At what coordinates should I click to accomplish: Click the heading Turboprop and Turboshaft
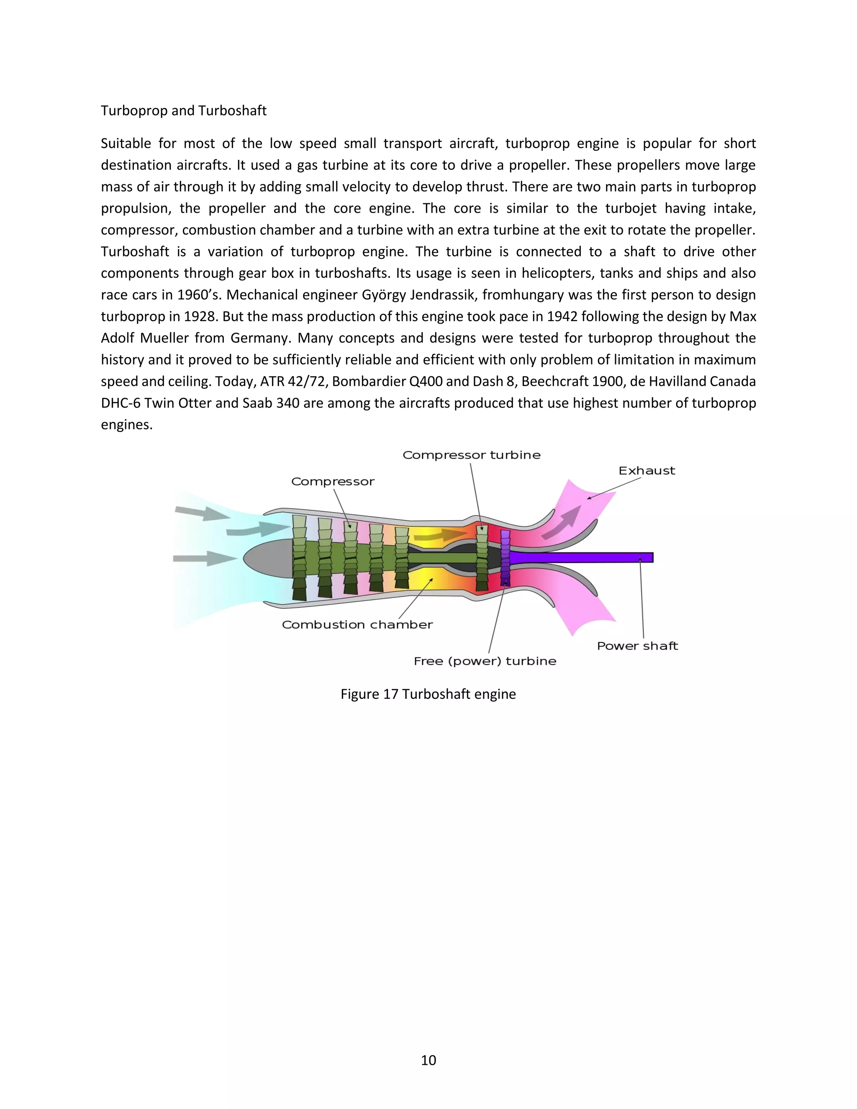(183, 111)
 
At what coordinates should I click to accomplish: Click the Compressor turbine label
(471, 455)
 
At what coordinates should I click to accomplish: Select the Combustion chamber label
(357, 624)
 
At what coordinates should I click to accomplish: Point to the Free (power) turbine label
(485, 661)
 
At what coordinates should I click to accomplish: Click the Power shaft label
(637, 646)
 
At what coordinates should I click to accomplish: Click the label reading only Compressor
(333, 481)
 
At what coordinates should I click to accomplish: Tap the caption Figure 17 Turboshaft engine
(428, 694)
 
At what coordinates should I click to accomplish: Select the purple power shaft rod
(584, 557)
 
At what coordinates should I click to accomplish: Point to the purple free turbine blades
(505, 557)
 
